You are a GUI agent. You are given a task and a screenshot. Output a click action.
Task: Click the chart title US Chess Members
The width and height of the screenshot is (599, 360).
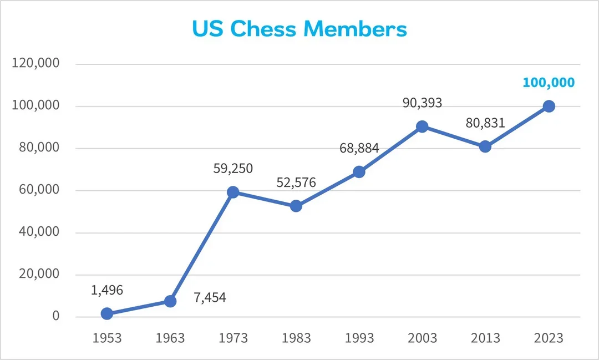299,29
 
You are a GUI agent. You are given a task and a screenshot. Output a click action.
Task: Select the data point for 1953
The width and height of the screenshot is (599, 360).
107,313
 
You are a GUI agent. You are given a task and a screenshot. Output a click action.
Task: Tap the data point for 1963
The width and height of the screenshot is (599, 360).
170,301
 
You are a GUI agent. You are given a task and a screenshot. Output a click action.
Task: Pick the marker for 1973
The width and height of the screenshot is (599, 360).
233,192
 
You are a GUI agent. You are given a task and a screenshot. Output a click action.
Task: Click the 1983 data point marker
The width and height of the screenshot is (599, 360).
296,206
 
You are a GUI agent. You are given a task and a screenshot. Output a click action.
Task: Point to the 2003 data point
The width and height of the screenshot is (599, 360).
422,126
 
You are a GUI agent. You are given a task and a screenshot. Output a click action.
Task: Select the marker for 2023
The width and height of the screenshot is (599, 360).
549,107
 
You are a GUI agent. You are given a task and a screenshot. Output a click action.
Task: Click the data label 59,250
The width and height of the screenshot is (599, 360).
233,169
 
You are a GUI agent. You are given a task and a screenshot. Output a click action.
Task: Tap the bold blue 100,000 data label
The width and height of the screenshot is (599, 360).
549,83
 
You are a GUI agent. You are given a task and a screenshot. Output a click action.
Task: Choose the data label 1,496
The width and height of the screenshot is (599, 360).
107,290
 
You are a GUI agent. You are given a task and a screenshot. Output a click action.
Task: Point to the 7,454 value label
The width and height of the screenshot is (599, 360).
210,298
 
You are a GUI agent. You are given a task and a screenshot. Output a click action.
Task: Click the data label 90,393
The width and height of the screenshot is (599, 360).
422,103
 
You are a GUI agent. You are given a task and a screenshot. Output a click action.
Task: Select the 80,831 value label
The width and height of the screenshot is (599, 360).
485,123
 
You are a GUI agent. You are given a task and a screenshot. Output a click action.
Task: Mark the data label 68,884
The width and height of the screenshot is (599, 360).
359,148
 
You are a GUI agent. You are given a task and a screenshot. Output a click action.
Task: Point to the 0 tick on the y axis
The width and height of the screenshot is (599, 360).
55,316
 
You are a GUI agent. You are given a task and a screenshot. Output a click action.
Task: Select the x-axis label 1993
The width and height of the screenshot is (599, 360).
359,338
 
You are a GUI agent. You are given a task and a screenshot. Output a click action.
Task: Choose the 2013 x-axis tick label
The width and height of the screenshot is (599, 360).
485,338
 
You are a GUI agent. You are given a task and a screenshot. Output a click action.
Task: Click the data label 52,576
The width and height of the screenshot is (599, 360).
296,182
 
